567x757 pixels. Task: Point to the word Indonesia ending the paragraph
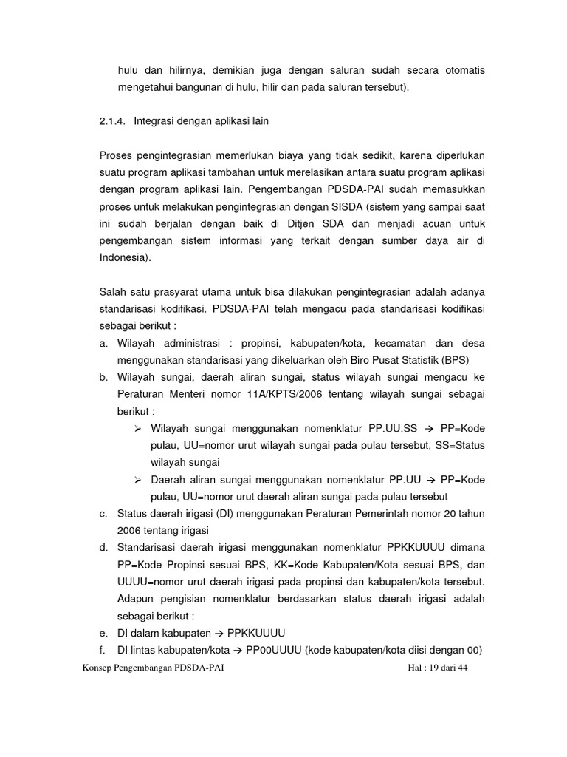(123, 257)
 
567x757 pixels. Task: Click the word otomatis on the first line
(462, 71)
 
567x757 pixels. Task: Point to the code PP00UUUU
(272, 651)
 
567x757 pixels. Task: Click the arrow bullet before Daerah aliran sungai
(138, 480)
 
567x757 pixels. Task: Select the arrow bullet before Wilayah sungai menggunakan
(138, 428)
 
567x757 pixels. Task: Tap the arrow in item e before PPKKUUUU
(219, 634)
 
